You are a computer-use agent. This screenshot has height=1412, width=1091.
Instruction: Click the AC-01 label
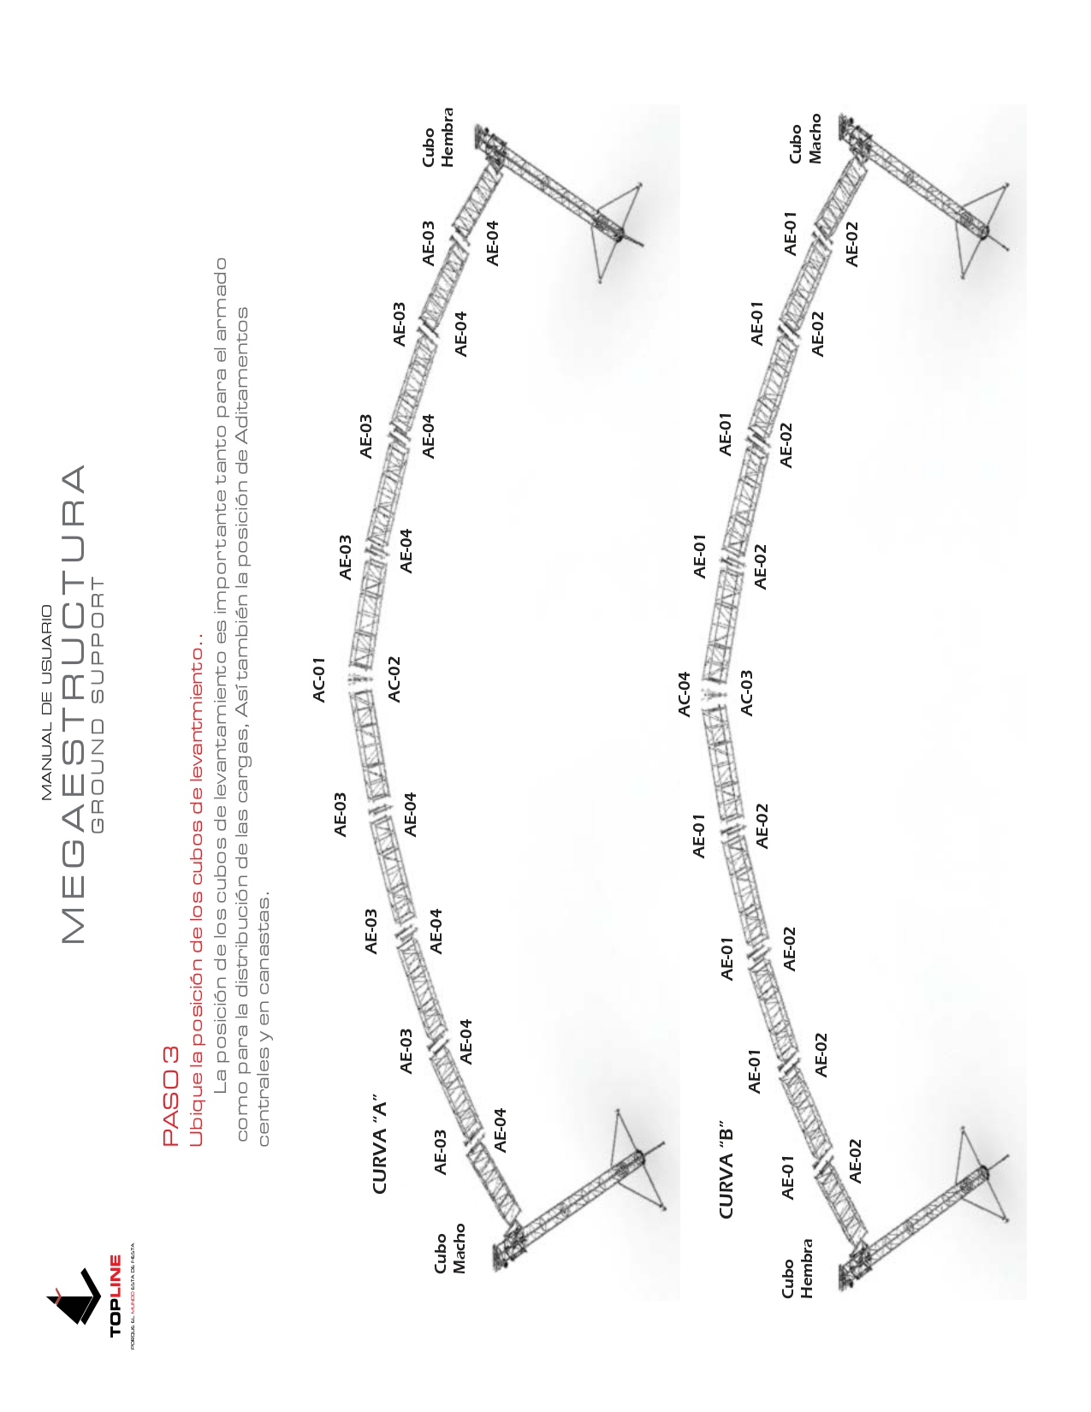point(319,679)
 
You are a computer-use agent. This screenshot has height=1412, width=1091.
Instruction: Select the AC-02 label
point(394,679)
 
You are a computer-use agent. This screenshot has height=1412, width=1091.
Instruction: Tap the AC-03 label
point(746,692)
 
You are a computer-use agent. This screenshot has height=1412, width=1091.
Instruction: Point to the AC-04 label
point(684,694)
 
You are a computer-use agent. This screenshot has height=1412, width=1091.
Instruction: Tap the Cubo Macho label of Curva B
point(805,139)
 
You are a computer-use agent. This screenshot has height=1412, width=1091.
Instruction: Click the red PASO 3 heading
point(170,1096)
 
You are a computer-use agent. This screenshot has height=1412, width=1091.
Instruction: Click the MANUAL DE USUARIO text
point(47,703)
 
